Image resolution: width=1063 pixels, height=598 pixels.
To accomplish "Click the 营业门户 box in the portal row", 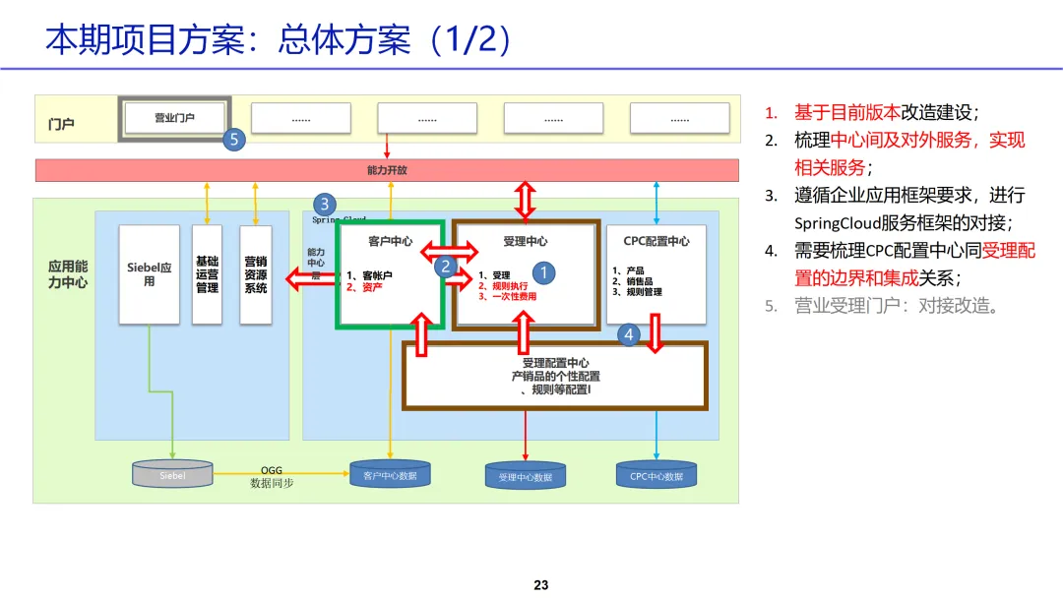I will click(x=174, y=118).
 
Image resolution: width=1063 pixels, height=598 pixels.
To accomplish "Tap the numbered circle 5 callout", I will click(x=233, y=140).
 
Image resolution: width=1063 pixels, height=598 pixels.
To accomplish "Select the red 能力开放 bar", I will click(x=387, y=170).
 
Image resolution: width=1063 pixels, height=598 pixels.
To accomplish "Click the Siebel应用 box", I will click(x=149, y=274).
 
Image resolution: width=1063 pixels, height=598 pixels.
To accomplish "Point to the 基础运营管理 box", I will click(x=207, y=274).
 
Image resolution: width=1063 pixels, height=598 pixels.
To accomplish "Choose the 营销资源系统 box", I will click(x=255, y=274).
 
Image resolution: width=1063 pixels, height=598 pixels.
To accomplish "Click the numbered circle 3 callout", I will click(x=325, y=205).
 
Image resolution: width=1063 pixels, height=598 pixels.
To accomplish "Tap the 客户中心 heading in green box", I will click(x=390, y=241).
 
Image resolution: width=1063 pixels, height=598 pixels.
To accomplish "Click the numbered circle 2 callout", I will click(x=445, y=266).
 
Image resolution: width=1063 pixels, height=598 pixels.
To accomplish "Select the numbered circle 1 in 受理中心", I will click(x=544, y=272).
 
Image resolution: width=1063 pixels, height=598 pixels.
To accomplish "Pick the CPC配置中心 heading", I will click(x=657, y=241).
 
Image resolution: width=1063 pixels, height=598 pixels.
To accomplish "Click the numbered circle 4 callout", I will click(x=630, y=335).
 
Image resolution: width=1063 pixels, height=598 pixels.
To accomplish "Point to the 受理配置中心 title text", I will click(x=555, y=363).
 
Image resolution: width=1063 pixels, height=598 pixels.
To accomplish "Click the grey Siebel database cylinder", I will click(x=172, y=474).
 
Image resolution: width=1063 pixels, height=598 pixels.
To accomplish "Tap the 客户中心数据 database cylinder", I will click(x=390, y=476).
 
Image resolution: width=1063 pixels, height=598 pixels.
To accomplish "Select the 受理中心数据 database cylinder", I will click(x=526, y=477).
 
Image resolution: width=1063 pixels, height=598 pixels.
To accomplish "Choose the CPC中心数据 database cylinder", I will click(x=657, y=476).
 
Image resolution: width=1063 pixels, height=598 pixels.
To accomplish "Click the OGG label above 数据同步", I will click(x=272, y=471).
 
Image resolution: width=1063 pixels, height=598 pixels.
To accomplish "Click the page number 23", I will click(x=540, y=585).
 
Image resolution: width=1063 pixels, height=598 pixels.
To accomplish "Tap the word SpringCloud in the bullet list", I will click(x=839, y=223).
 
